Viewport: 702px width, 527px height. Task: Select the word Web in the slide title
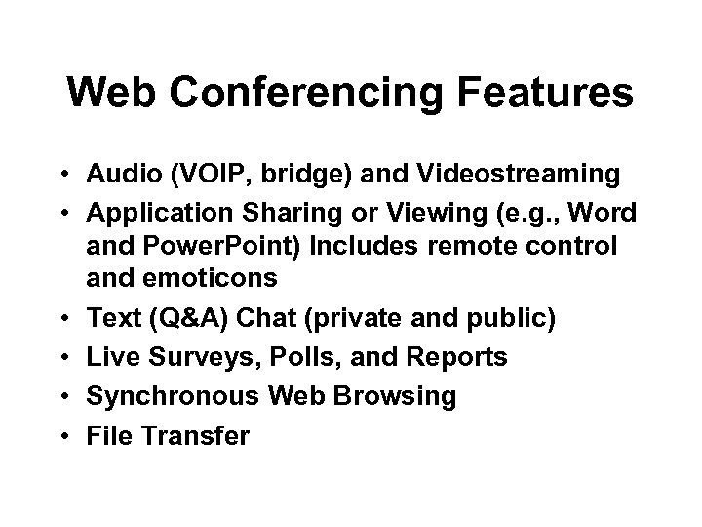[108, 94]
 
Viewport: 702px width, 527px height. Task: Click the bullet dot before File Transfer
[61, 435]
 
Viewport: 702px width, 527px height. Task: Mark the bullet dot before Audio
[61, 175]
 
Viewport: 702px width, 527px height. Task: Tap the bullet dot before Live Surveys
[61, 357]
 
